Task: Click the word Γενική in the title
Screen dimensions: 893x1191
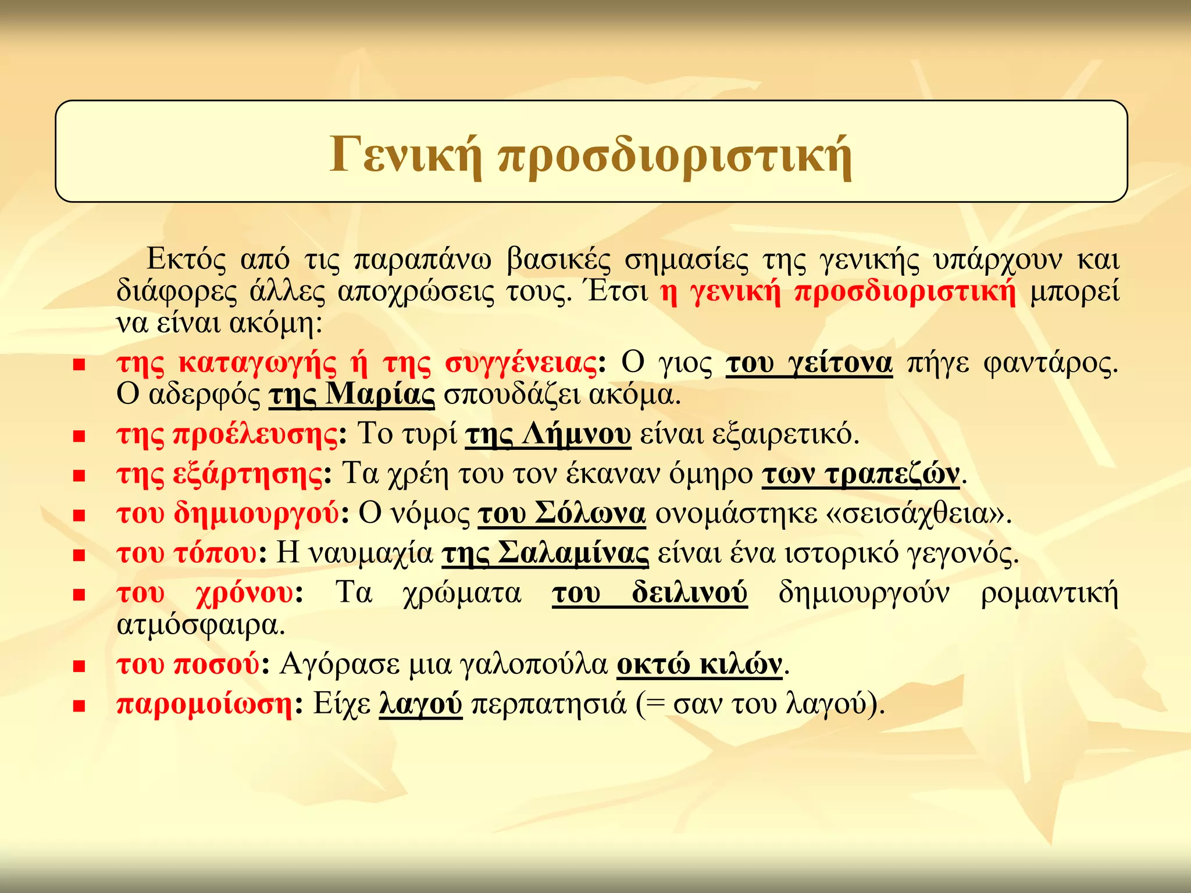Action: tap(405, 155)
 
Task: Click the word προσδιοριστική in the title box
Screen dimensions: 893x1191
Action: tap(675, 156)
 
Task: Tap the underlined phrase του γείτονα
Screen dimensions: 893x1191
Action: tap(809, 363)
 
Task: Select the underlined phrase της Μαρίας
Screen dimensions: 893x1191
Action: tap(352, 395)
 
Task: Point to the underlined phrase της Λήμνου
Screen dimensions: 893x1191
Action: tap(548, 434)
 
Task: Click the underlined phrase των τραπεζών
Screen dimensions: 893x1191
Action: tap(861, 474)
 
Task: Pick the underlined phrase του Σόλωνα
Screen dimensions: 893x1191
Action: tap(562, 513)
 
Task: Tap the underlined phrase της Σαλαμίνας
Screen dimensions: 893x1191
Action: tap(545, 553)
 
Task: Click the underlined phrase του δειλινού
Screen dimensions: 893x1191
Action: tap(650, 593)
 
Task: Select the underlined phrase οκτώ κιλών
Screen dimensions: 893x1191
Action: tap(700, 664)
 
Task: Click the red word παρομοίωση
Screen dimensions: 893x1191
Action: tap(204, 704)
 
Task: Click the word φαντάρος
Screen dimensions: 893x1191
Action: tap(1050, 363)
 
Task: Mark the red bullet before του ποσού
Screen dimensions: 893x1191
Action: tap(80, 666)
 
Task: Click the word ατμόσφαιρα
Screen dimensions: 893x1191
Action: tap(201, 626)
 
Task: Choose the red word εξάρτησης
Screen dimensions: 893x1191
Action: tap(248, 474)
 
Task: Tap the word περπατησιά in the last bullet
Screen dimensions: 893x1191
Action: tap(548, 704)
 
